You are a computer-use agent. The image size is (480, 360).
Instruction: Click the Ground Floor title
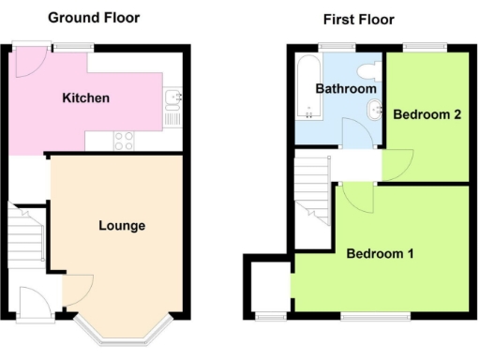93,17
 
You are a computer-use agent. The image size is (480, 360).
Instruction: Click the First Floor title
358,19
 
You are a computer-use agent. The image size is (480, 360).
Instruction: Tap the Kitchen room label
86,97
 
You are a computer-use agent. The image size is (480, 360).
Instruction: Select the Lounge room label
122,226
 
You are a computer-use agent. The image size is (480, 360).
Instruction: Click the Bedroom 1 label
381,254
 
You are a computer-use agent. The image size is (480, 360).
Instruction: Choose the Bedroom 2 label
427,115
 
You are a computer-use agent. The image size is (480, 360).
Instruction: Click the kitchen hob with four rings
124,140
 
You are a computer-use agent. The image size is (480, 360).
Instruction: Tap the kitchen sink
172,98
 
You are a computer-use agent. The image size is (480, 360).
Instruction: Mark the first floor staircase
311,192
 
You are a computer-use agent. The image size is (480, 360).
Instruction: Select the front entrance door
34,302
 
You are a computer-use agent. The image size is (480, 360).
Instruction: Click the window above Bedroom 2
417,46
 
